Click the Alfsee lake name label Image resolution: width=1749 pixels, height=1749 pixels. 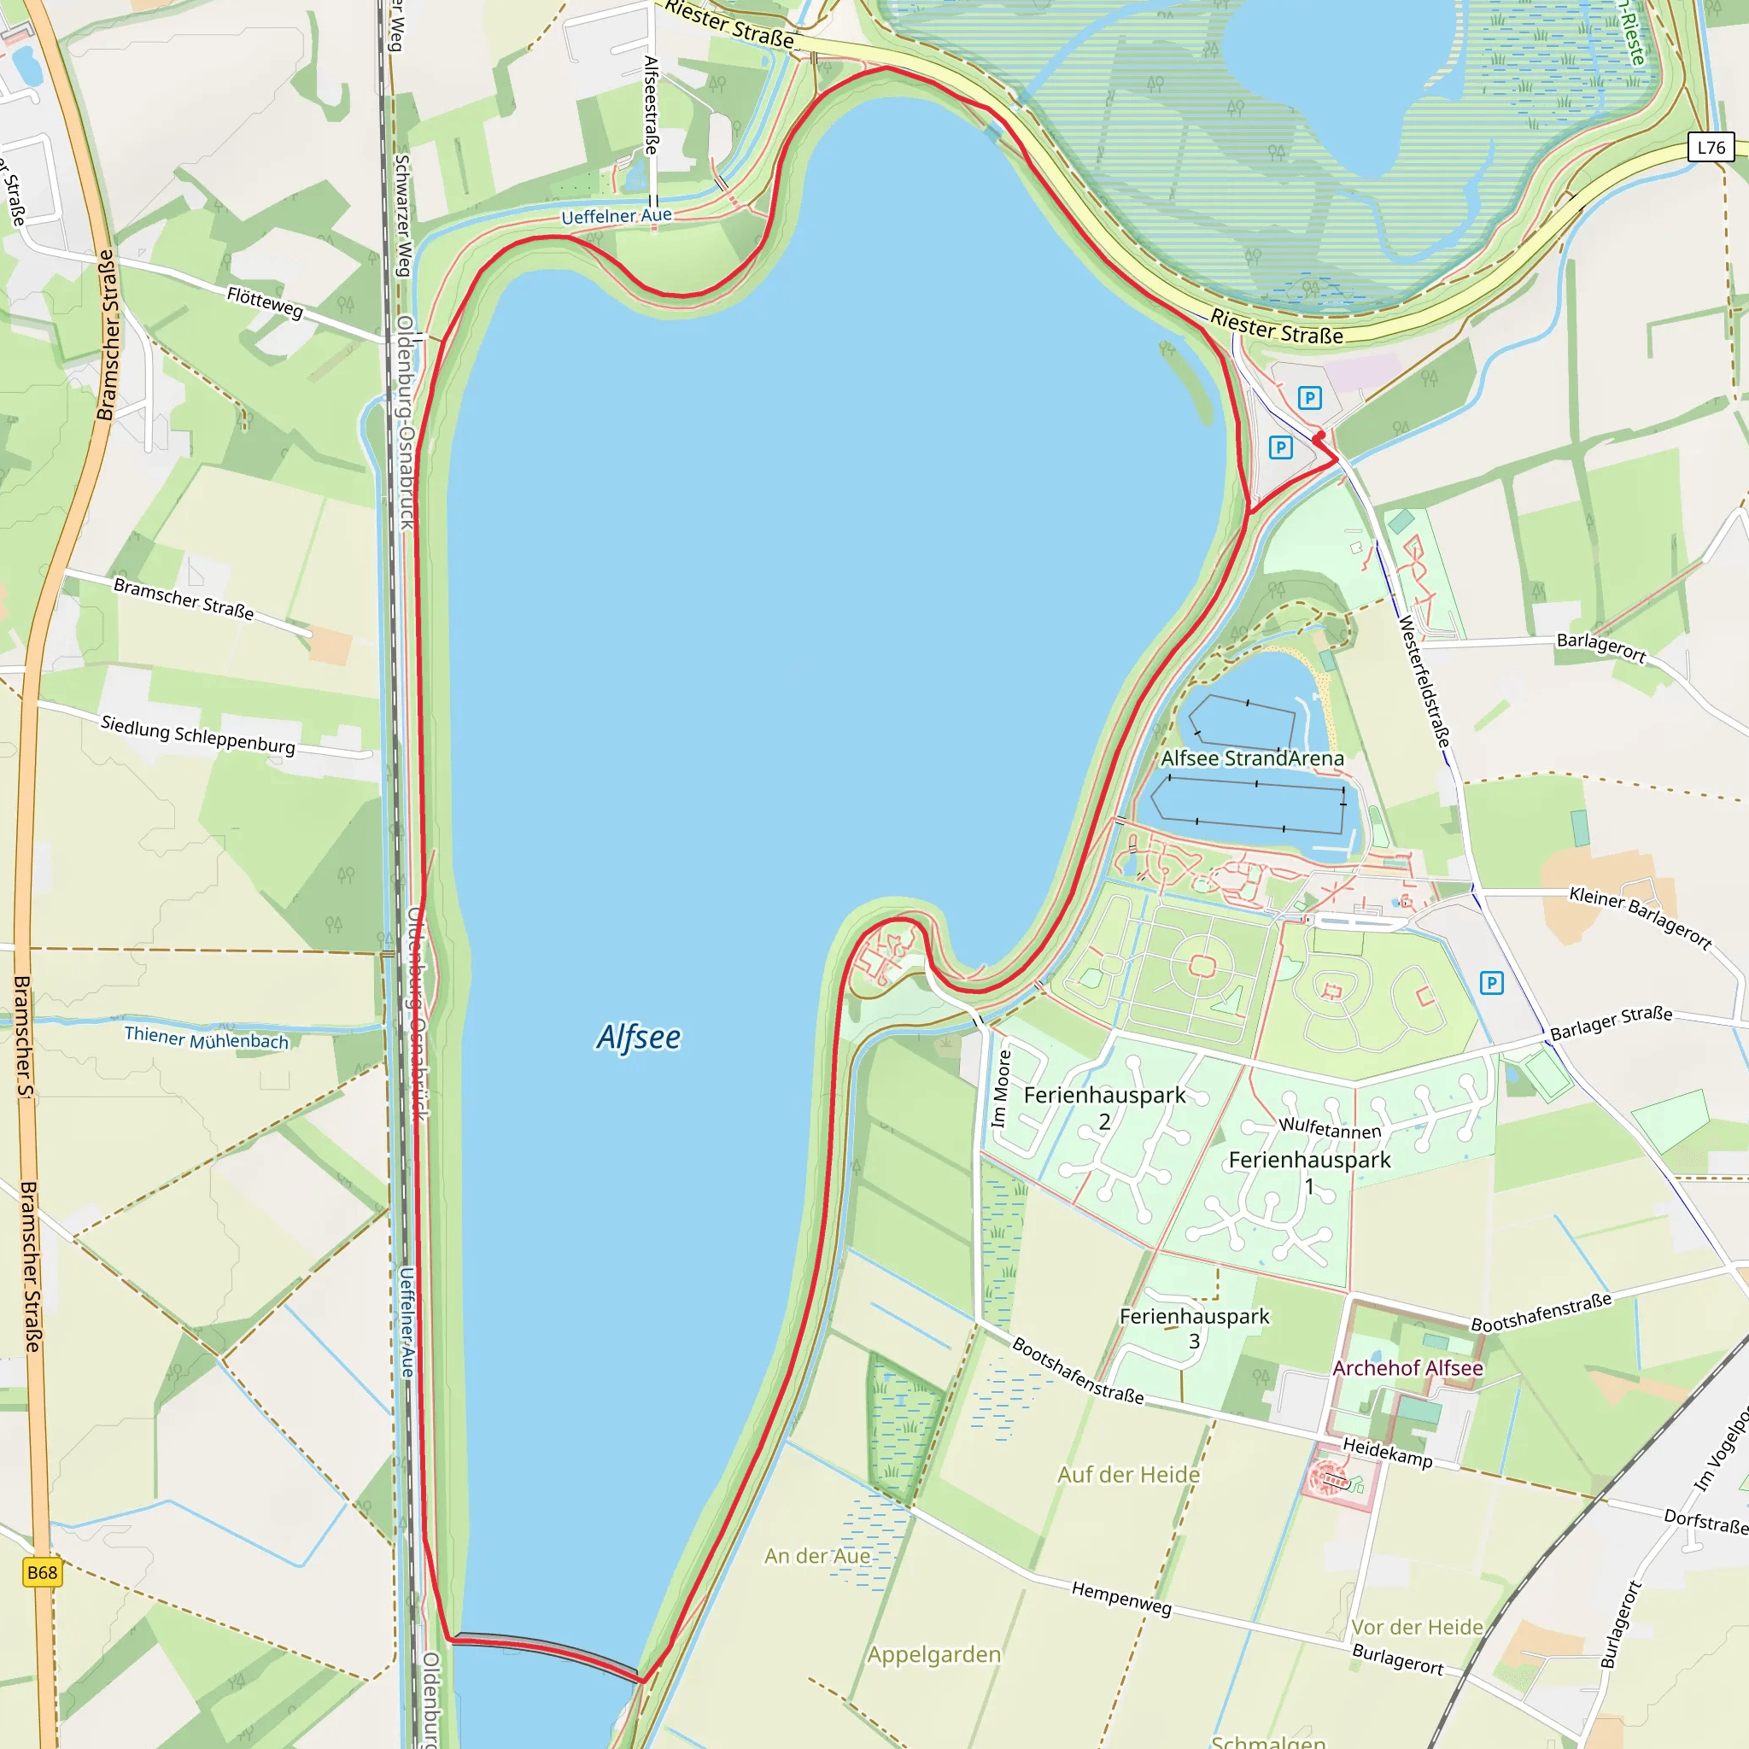(638, 1038)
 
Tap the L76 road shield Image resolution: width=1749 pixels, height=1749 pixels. (1710, 148)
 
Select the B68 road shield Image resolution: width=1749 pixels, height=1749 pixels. (42, 1572)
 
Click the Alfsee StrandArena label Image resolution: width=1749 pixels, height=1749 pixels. (1252, 758)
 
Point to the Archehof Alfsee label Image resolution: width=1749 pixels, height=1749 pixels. (1407, 1368)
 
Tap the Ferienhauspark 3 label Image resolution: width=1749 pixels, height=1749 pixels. (1194, 1328)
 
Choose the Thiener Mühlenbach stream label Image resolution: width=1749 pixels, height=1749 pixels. (207, 1038)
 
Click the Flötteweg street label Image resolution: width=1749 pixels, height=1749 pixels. (266, 301)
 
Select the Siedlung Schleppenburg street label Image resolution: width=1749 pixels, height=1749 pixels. (197, 735)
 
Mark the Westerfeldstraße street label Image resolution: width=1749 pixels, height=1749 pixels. (1424, 681)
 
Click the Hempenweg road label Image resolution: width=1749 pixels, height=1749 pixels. (1121, 1599)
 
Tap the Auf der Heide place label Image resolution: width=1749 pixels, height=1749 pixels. (1128, 1475)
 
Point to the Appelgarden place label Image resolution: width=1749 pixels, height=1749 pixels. (934, 1655)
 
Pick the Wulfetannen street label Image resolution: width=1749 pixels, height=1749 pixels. (1330, 1128)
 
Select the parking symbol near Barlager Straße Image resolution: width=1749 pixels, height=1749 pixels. (1492, 983)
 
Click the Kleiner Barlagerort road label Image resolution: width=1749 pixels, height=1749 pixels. (1640, 919)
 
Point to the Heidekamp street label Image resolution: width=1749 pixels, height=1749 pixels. (1387, 1452)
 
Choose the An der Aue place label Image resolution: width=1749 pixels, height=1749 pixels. (817, 1556)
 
